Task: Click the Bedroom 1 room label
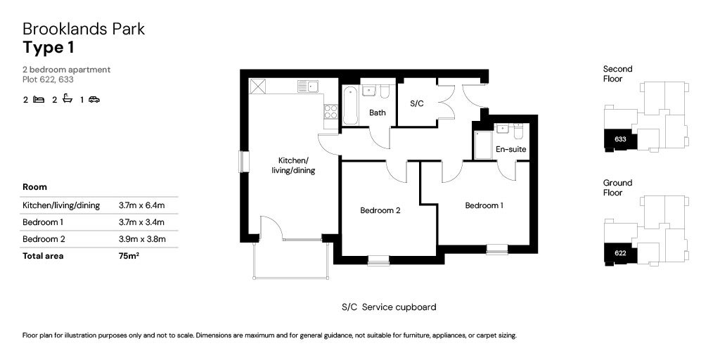coord(484,205)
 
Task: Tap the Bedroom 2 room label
coord(380,210)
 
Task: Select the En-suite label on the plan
coord(510,150)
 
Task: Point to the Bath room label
coord(378,112)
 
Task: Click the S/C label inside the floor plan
coord(417,103)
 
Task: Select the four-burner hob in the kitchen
coord(330,111)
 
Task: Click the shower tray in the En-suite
coord(483,145)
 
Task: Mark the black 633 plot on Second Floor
coord(619,139)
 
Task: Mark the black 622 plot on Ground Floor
coord(619,253)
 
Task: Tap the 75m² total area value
coord(129,256)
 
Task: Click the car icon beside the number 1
coord(94,100)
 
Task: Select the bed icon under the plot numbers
coord(39,100)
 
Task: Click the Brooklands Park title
coord(84,29)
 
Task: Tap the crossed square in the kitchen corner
coord(258,86)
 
